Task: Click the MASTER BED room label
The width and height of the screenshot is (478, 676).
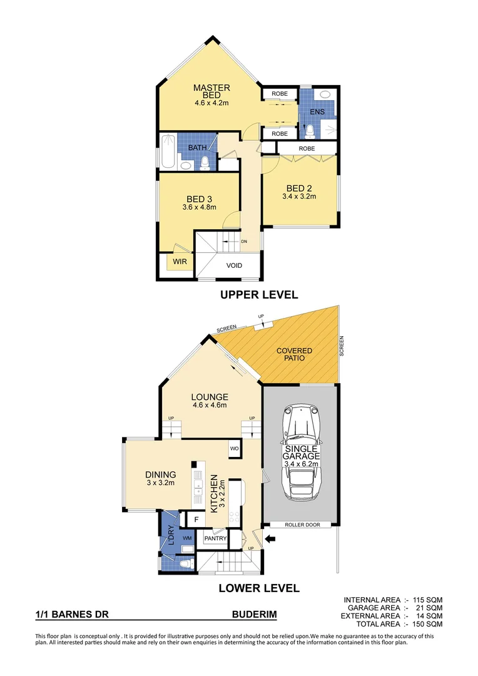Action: [x=211, y=91]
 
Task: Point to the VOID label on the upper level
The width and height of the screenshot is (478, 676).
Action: [x=234, y=265]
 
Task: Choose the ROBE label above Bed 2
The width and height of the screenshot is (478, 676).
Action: [x=307, y=148]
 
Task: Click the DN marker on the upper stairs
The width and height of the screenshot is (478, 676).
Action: [x=244, y=240]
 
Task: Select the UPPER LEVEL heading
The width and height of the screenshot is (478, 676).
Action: [x=258, y=295]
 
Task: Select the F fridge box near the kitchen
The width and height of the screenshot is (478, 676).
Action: [x=196, y=520]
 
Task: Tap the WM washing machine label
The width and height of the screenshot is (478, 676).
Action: [x=186, y=537]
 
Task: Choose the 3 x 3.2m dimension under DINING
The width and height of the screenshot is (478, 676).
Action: [x=160, y=483]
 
